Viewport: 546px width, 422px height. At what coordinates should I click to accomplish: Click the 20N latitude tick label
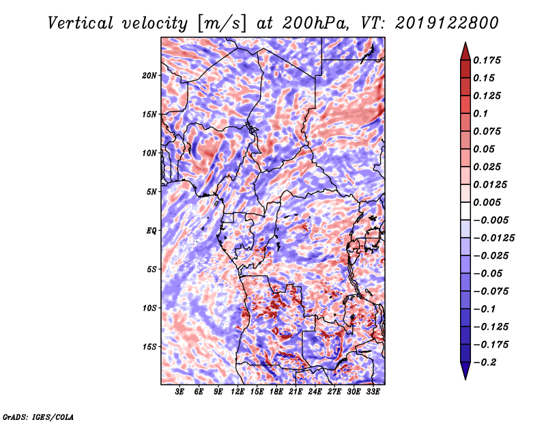(x=149, y=76)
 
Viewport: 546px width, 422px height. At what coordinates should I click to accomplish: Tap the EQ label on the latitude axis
(x=152, y=231)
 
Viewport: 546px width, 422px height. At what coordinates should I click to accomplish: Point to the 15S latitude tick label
(x=149, y=347)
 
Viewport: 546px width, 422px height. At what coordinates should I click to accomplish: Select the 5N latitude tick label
(x=152, y=192)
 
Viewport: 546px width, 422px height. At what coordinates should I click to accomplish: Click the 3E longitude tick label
(x=179, y=392)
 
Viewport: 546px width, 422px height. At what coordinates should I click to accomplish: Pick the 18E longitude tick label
(x=276, y=392)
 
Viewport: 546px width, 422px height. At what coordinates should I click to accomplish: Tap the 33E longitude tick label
(x=373, y=392)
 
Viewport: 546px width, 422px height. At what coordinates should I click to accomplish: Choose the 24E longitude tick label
(x=315, y=392)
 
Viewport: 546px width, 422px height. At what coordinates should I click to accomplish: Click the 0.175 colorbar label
(x=487, y=60)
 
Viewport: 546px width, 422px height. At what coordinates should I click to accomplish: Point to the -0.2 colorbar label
(x=485, y=363)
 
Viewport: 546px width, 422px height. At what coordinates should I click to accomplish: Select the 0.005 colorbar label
(x=487, y=202)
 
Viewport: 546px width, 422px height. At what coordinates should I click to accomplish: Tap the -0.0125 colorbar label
(x=494, y=238)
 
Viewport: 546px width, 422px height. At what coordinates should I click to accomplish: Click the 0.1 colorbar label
(x=480, y=113)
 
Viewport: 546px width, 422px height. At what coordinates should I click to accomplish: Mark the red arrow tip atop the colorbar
(x=465, y=43)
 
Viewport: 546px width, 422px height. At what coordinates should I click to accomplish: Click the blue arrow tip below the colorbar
(x=465, y=379)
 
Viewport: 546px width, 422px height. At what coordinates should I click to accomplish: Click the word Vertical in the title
(x=81, y=23)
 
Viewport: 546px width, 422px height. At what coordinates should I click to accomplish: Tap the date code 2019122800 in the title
(x=447, y=23)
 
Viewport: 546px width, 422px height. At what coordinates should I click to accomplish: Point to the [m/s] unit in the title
(x=222, y=23)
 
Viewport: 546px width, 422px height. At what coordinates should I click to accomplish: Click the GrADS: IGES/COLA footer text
(x=38, y=417)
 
